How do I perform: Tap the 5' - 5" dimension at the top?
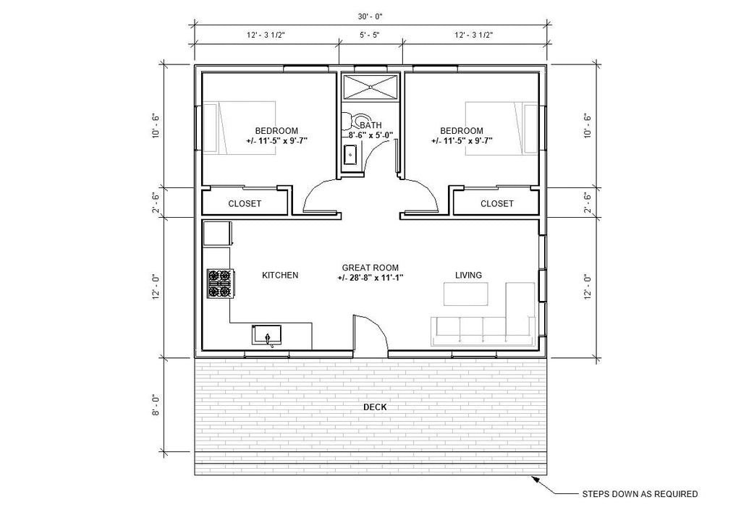click(370, 34)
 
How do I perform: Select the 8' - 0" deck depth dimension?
click(156, 404)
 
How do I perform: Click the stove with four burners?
click(220, 284)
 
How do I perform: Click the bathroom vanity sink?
click(350, 153)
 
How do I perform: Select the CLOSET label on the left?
click(245, 204)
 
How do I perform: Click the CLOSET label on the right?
click(497, 204)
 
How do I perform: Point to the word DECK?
click(375, 407)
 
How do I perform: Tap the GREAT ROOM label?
click(370, 268)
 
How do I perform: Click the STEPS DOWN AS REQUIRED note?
click(640, 495)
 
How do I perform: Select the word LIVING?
click(468, 275)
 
